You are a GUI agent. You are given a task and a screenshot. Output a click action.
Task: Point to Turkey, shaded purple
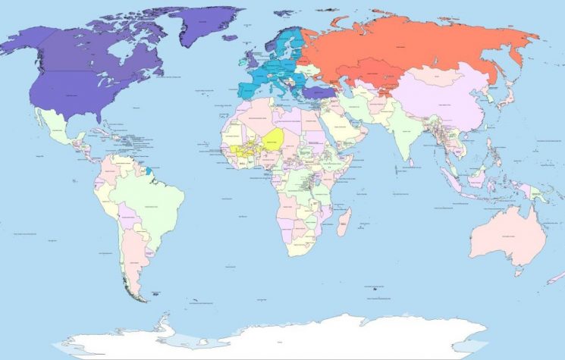click(319, 93)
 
